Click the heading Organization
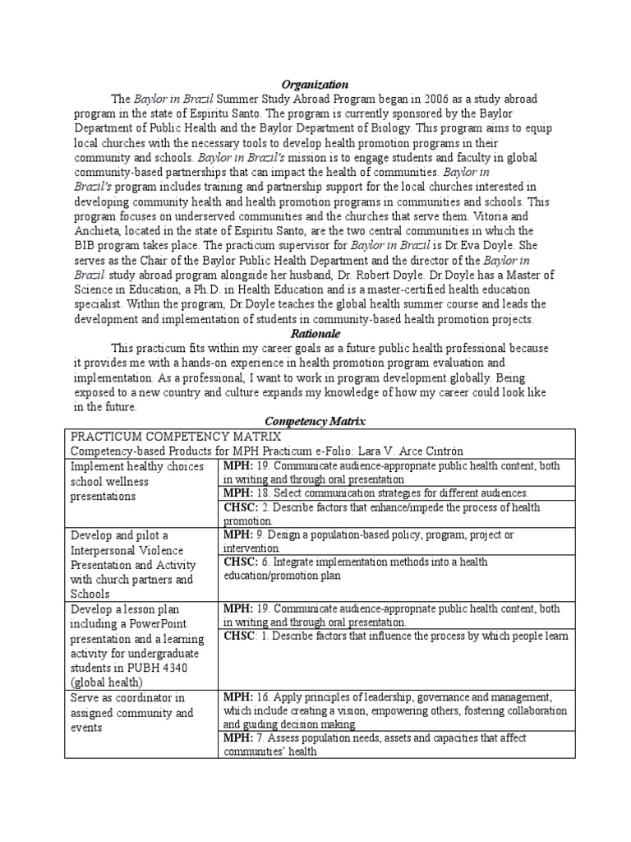tap(315, 85)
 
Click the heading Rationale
tap(315, 334)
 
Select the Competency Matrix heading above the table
tap(315, 421)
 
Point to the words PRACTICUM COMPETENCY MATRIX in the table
tap(176, 436)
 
